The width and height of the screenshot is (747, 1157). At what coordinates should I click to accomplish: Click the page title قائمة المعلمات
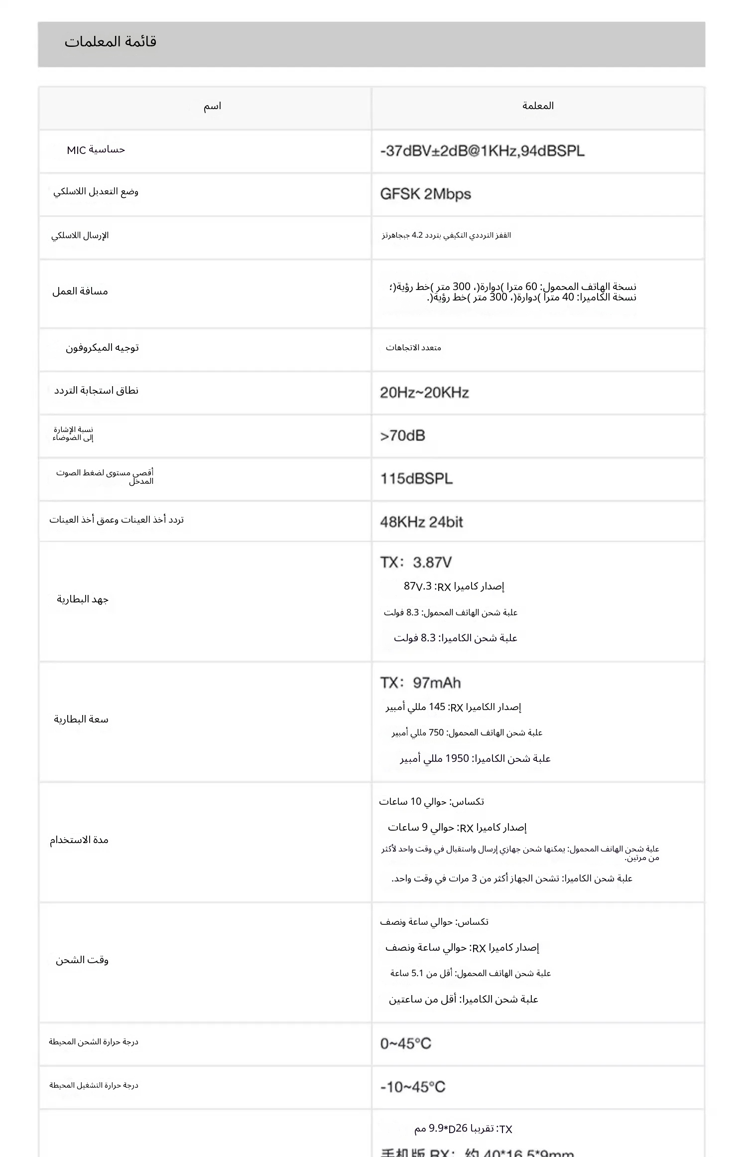point(110,42)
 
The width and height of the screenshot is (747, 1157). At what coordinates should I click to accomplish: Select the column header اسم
point(212,106)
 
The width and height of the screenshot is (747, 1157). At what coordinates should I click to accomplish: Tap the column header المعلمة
point(538,106)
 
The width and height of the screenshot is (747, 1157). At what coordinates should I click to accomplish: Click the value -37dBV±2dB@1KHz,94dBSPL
point(482,151)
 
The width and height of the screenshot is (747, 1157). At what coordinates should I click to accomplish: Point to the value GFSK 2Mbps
point(425,194)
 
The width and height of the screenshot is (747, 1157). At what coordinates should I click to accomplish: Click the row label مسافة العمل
point(80,291)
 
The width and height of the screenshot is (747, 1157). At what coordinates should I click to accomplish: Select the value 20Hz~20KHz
point(424,393)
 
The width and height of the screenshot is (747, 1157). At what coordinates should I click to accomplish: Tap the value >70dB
point(402,436)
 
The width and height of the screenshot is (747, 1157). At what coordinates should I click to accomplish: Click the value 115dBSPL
point(416,479)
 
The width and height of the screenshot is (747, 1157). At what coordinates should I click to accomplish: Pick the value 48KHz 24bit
point(421,522)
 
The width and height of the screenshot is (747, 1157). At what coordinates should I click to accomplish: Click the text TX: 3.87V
point(416,563)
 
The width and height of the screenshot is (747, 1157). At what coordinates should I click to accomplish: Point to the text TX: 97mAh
point(420,683)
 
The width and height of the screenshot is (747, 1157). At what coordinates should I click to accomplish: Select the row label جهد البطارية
point(83,599)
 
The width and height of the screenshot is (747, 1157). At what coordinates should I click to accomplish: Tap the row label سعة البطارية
point(81,720)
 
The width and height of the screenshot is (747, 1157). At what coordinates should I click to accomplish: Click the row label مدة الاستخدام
point(79,840)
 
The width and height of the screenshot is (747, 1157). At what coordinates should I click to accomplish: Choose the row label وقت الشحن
point(82,960)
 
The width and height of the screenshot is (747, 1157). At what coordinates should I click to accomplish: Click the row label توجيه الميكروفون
point(102,348)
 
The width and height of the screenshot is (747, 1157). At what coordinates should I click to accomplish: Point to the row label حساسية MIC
point(96,150)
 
